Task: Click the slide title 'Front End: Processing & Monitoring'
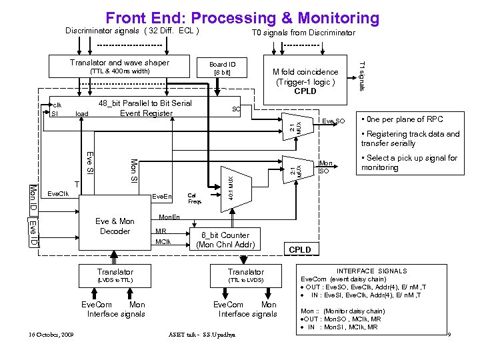pyautogui.click(x=243, y=18)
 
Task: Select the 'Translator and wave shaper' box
pyautogui.click(x=120, y=67)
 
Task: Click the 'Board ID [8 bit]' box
pyautogui.click(x=221, y=69)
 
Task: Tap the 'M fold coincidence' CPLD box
pyautogui.click(x=305, y=79)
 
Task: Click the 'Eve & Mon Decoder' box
pyautogui.click(x=115, y=227)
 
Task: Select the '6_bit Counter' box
pyautogui.click(x=225, y=239)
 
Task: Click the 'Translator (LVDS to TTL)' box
pyautogui.click(x=115, y=275)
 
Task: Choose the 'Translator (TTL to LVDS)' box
pyautogui.click(x=245, y=275)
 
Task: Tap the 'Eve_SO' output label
pyautogui.click(x=333, y=121)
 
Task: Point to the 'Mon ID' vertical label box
pyautogui.click(x=33, y=197)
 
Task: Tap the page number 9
pyautogui.click(x=450, y=333)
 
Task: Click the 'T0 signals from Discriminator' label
pyautogui.click(x=303, y=33)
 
